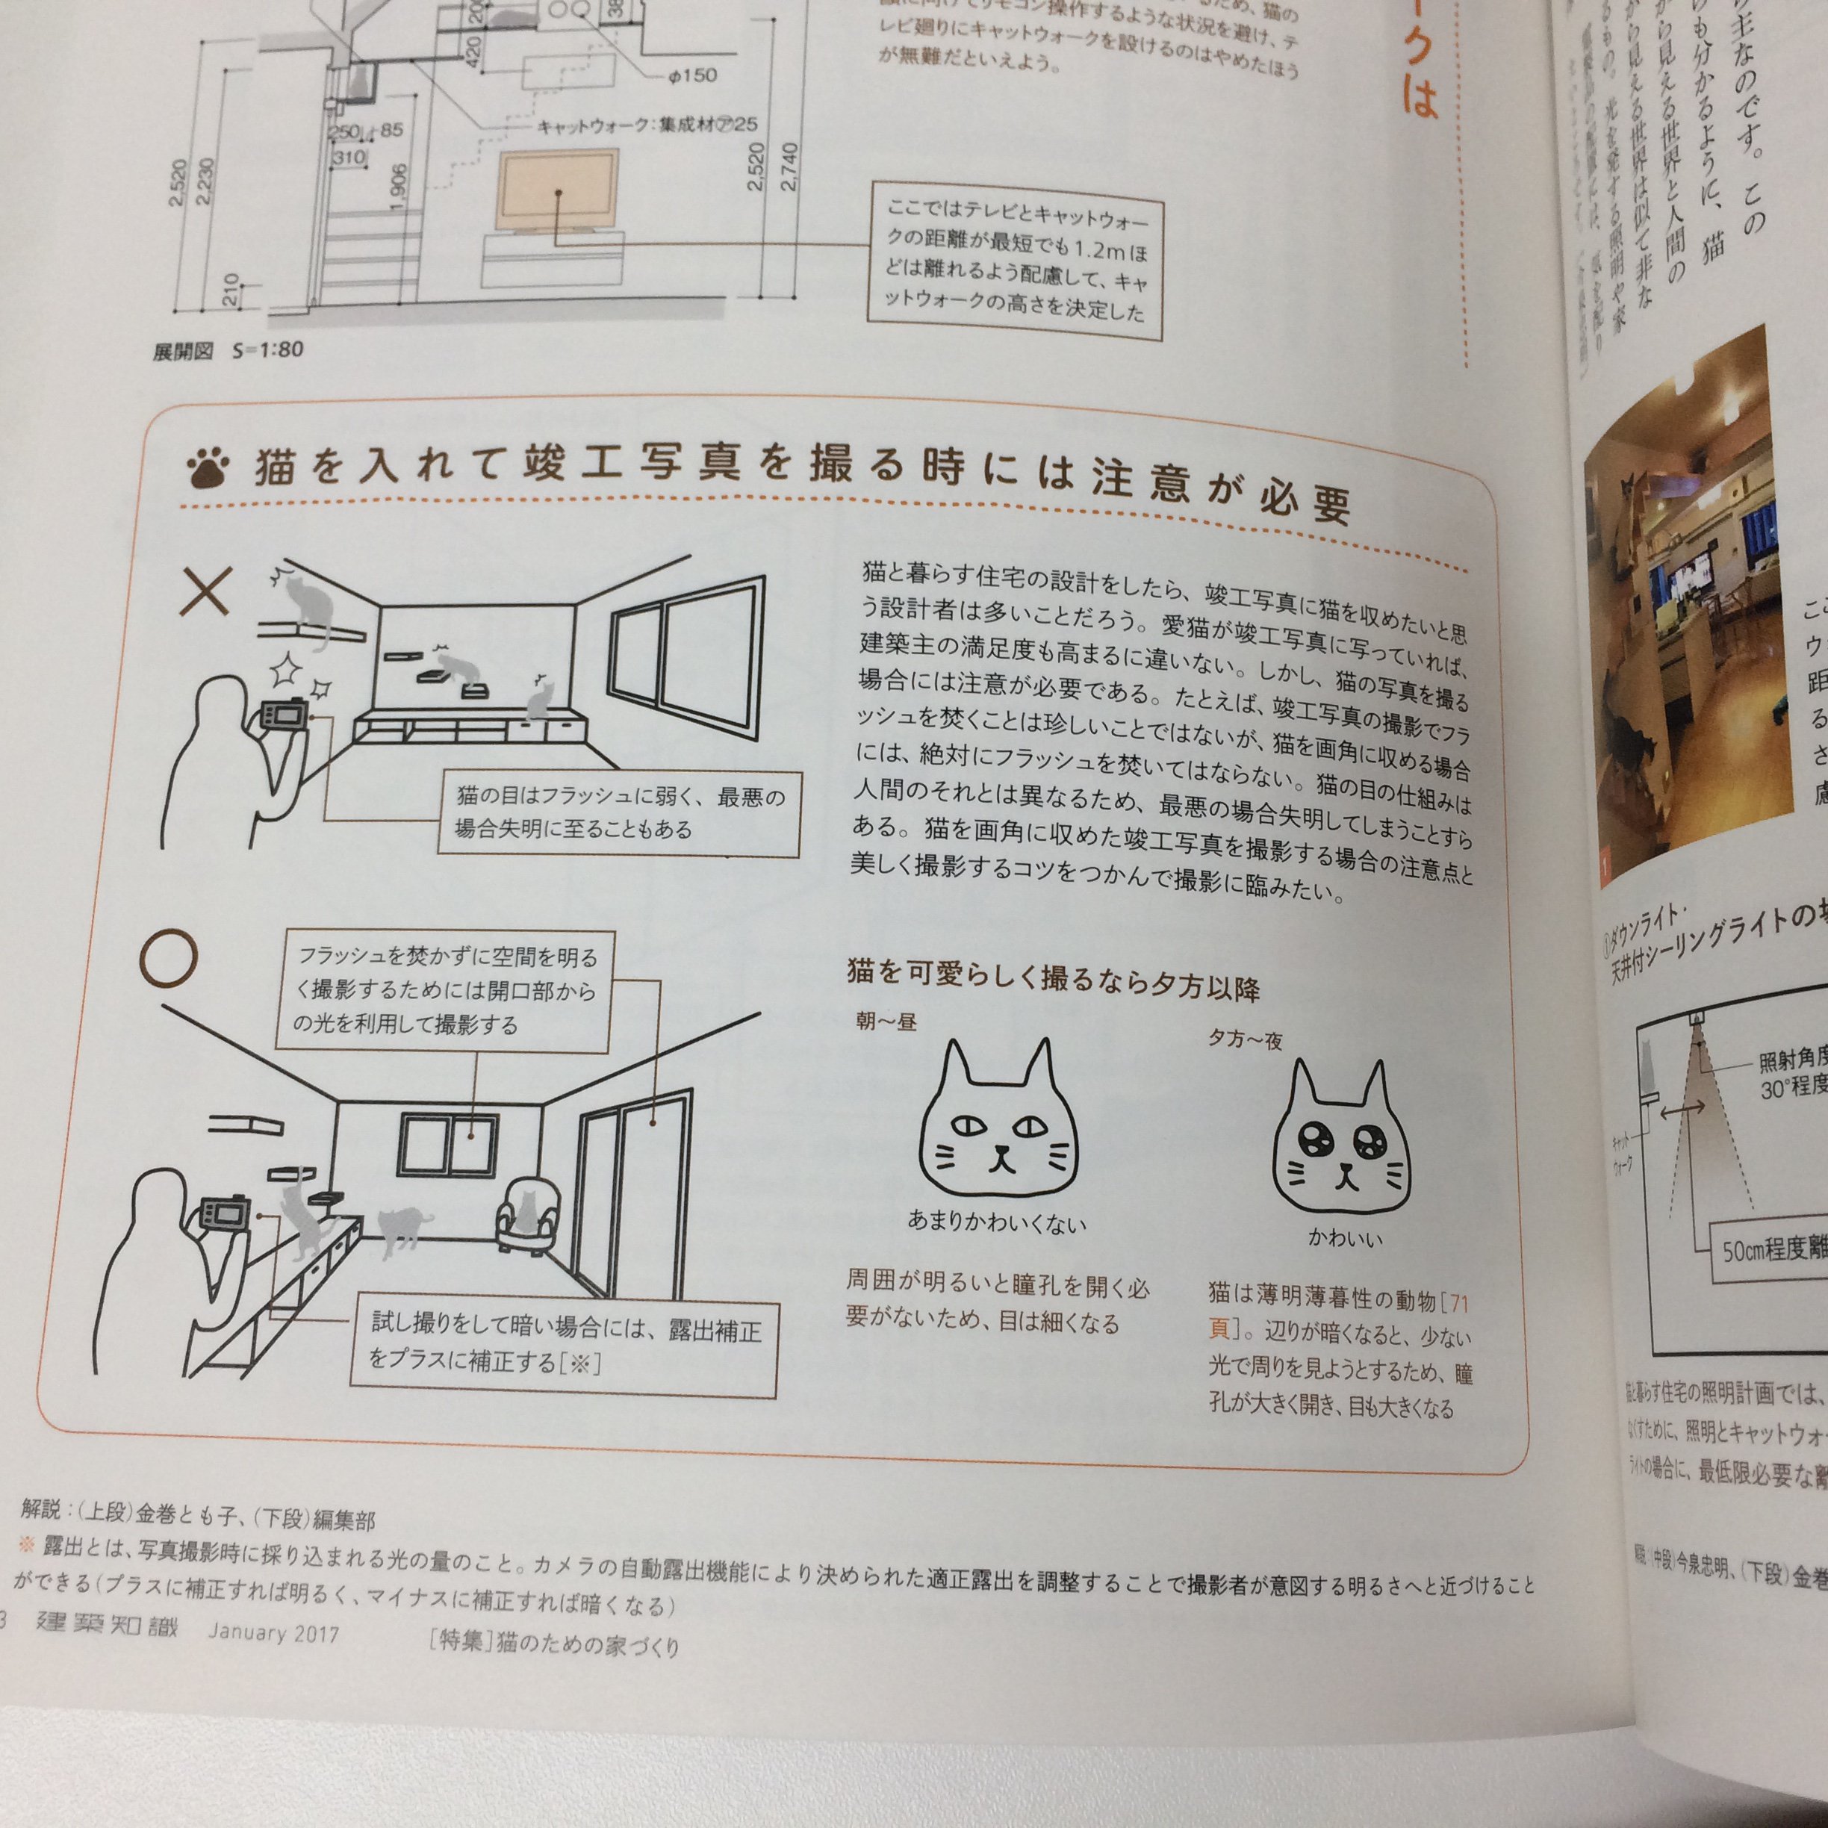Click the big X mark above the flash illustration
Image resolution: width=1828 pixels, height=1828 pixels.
click(206, 592)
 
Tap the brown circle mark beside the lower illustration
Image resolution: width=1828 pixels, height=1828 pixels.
click(170, 957)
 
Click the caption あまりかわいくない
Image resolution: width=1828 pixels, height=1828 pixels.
click(996, 1222)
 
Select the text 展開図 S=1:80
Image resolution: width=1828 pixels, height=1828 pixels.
click(228, 351)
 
